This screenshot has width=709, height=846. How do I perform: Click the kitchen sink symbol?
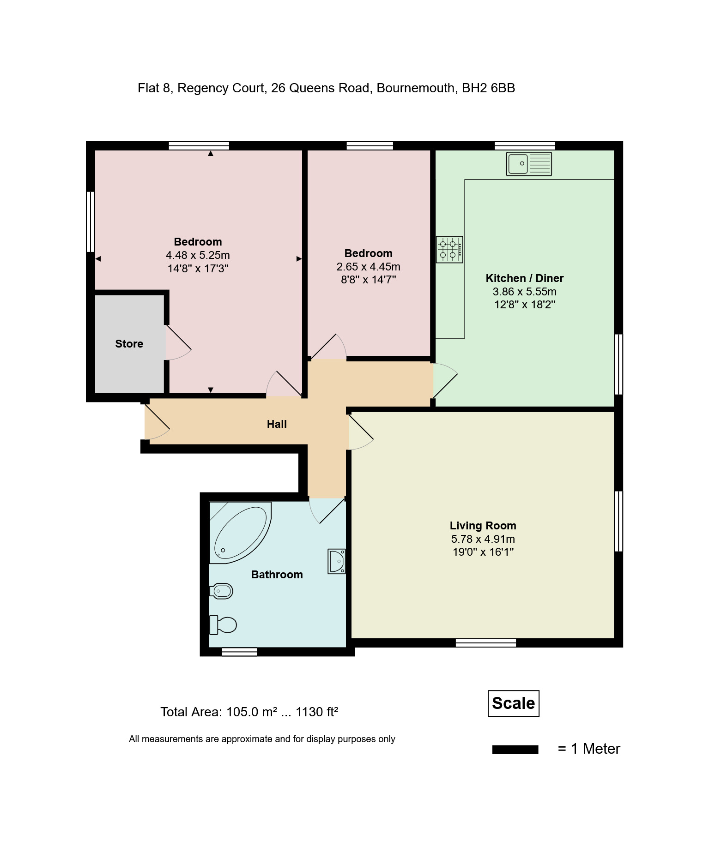pos(529,164)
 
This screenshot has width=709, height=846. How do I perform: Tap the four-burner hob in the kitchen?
pos(449,250)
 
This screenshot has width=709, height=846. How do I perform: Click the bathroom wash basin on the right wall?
pos(337,561)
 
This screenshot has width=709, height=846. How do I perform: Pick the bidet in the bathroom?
pos(221,591)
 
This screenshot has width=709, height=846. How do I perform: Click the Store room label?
pos(129,344)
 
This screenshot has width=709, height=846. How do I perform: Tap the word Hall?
pos(277,424)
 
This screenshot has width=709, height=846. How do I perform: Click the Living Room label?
pos(483,526)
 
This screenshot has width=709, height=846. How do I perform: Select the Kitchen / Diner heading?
pos(524,278)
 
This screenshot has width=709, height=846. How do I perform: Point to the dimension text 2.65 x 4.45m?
pos(368,267)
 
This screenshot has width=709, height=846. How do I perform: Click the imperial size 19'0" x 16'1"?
pos(483,552)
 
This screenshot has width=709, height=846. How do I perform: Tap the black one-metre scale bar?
pos(515,750)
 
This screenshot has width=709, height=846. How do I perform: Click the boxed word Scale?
pos(513,703)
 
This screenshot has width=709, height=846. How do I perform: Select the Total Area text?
pos(249,712)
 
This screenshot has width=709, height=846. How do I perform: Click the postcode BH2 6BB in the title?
pos(488,88)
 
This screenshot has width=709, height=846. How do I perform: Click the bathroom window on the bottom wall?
pos(239,652)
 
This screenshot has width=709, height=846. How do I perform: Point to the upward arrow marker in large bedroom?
pos(211,154)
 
